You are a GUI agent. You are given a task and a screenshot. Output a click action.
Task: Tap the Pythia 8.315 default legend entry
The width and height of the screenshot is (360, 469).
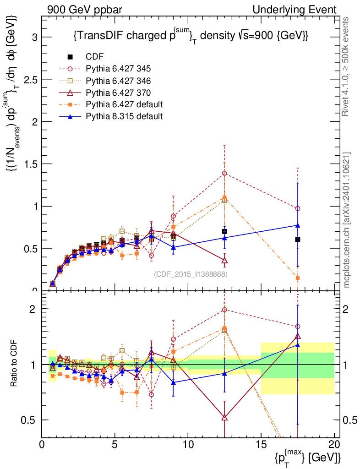pyautogui.click(x=124, y=116)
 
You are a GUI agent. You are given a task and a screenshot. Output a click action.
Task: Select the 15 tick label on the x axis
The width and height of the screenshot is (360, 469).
pyautogui.click(x=261, y=444)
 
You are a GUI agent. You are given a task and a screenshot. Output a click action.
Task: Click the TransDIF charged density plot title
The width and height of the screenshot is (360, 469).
pyautogui.click(x=190, y=36)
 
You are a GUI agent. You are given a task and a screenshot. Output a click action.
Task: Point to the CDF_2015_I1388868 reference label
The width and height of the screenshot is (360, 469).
pyautogui.click(x=191, y=274)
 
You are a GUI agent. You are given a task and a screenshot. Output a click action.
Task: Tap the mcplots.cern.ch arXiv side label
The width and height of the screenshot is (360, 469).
pyautogui.click(x=347, y=219)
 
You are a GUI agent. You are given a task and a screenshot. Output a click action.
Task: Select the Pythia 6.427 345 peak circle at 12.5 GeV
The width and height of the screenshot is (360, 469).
pyautogui.click(x=224, y=173)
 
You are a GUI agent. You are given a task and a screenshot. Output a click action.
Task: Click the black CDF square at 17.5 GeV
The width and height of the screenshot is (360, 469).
pyautogui.click(x=298, y=239)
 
